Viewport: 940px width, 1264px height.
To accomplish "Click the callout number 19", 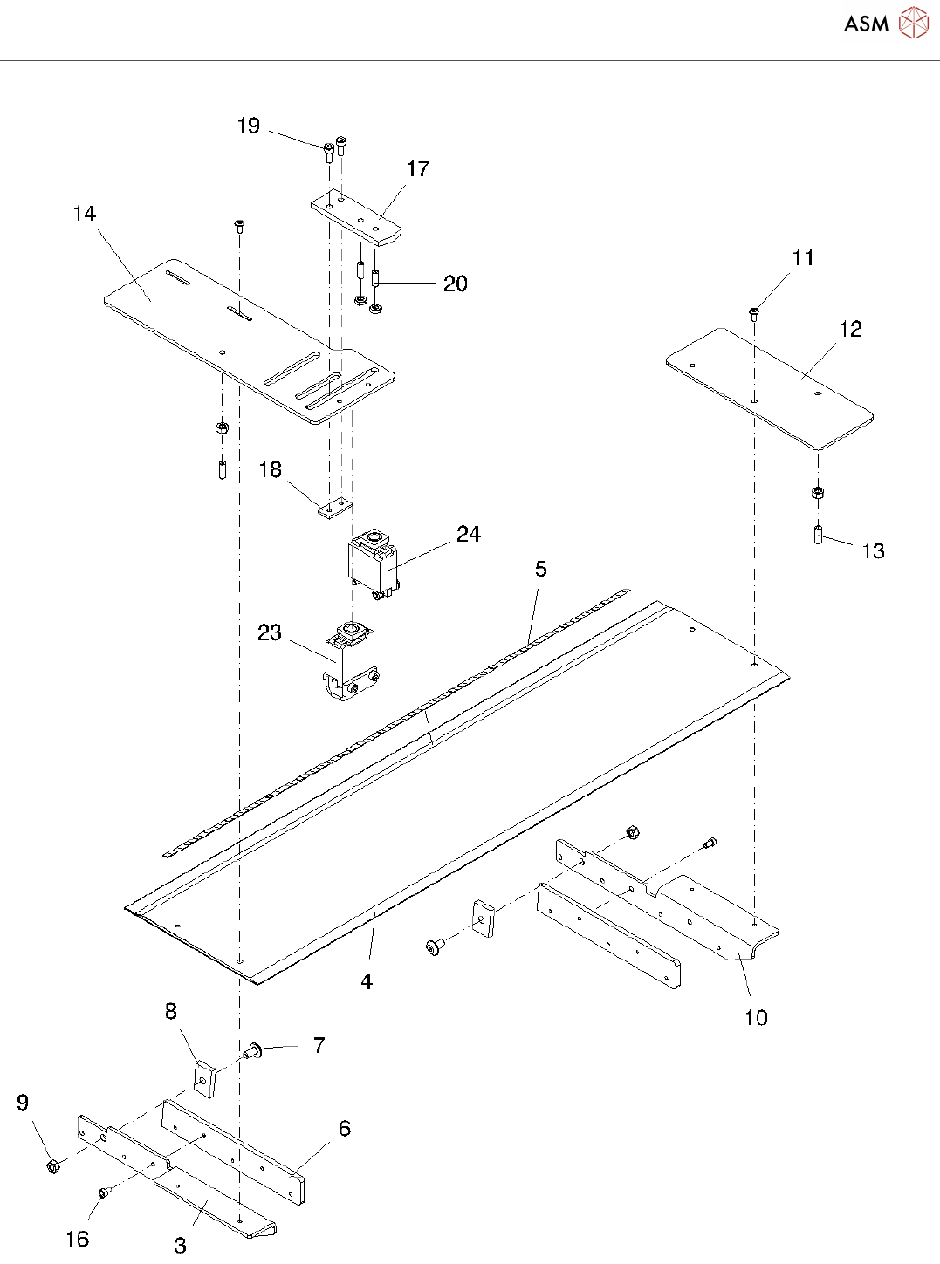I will (249, 126).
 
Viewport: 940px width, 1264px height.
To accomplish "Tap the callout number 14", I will (85, 215).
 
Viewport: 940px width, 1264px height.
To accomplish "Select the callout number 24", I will (469, 535).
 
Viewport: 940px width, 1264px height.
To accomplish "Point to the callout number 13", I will (873, 551).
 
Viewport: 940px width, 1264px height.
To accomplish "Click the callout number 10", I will (756, 1018).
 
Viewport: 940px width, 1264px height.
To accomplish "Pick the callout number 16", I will (78, 1239).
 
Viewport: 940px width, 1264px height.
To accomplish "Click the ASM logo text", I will (866, 24).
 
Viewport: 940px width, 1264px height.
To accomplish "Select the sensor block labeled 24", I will (374, 563).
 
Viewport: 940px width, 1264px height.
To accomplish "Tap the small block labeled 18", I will (333, 508).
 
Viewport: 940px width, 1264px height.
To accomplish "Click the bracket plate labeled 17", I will (356, 218).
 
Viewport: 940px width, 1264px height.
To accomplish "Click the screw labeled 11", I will (754, 312).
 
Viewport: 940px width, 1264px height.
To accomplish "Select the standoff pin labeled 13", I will (819, 534).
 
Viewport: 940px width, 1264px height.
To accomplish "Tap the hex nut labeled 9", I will (51, 1165).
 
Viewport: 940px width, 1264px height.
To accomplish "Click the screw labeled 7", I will (254, 1050).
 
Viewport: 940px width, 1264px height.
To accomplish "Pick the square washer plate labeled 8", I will (205, 1077).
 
